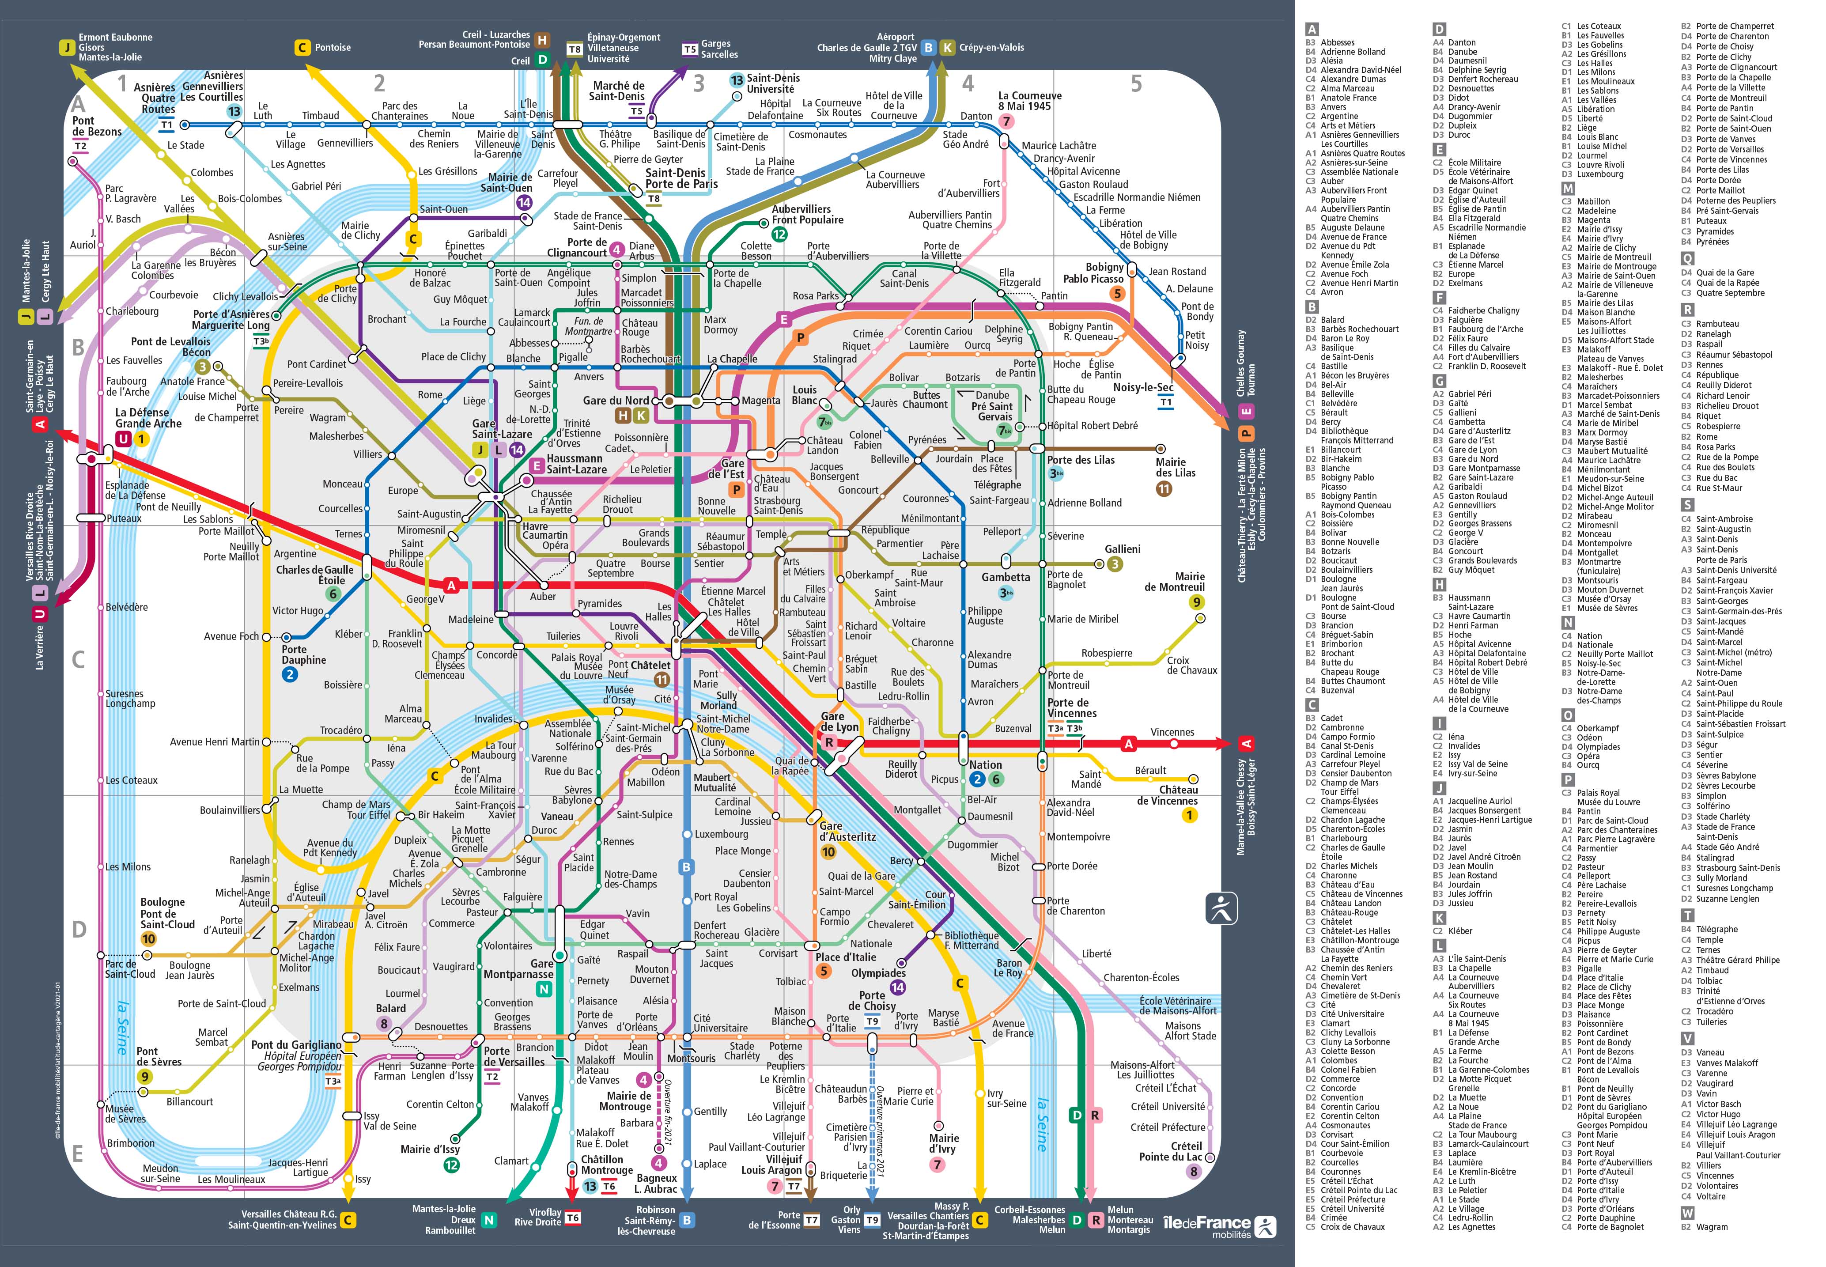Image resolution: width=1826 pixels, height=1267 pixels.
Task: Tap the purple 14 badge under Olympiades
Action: pos(897,987)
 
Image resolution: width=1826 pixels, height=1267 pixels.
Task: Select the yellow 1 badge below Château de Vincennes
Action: pos(1189,815)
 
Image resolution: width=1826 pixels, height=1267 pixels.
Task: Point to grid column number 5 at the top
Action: pos(1136,83)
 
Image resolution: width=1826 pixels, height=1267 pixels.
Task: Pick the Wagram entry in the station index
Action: pos(1712,1226)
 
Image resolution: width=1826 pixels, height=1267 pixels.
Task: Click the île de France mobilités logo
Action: pos(1219,1226)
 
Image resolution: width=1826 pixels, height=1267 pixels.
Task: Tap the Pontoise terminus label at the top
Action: pos(332,48)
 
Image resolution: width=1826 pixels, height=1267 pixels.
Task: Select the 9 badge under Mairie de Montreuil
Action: pos(1196,602)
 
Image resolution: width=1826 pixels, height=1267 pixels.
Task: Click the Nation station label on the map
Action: pos(985,764)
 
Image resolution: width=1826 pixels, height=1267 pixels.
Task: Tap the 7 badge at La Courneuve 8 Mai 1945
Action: pos(1006,121)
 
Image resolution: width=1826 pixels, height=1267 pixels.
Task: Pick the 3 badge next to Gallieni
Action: pos(1115,564)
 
